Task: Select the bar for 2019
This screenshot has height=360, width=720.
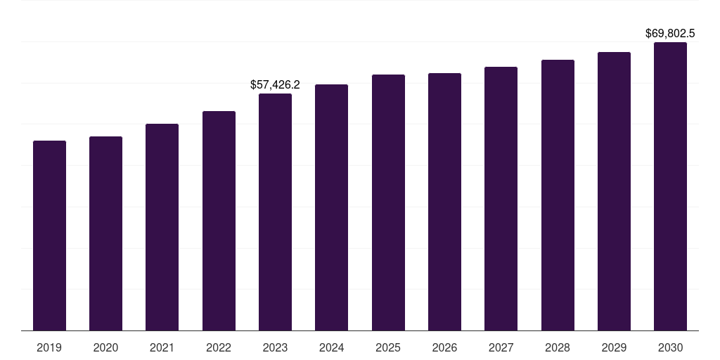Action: pos(49,236)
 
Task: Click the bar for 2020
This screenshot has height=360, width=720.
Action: pos(105,233)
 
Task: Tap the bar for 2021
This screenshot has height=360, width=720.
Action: pos(162,227)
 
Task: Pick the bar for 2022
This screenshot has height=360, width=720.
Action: pos(219,221)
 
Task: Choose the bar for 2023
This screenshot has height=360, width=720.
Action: pos(275,212)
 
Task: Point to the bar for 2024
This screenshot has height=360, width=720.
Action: pos(331,207)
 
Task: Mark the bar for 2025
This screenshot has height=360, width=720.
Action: pos(388,202)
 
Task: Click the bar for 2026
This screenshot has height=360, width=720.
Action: pos(444,202)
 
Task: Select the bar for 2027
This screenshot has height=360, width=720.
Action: pos(501,198)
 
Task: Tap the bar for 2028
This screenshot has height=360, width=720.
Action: pos(558,195)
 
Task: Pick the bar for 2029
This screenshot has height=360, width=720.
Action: pos(614,191)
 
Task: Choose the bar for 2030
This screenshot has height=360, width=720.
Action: pos(670,186)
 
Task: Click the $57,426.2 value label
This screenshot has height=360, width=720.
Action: pos(275,85)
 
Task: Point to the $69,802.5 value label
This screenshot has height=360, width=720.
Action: pos(670,33)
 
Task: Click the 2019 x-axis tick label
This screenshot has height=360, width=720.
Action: pos(49,347)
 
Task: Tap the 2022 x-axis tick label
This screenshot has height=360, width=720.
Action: pos(219,347)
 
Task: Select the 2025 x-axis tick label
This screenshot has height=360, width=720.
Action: pos(388,347)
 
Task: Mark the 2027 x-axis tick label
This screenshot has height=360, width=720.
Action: pos(501,347)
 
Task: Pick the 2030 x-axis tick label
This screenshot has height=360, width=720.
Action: pos(670,347)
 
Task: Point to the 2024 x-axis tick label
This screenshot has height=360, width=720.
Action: pos(331,347)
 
